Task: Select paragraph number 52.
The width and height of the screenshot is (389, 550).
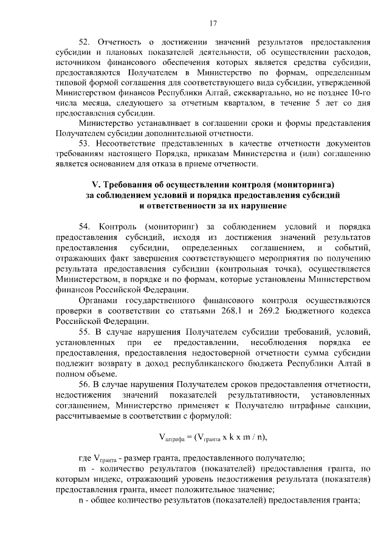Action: click(87, 43)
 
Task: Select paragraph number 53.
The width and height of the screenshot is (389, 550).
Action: click(87, 142)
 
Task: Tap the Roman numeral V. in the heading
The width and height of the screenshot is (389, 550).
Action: click(95, 184)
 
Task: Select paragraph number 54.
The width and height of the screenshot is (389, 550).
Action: click(87, 227)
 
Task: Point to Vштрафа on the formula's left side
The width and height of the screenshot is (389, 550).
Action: click(173, 437)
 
